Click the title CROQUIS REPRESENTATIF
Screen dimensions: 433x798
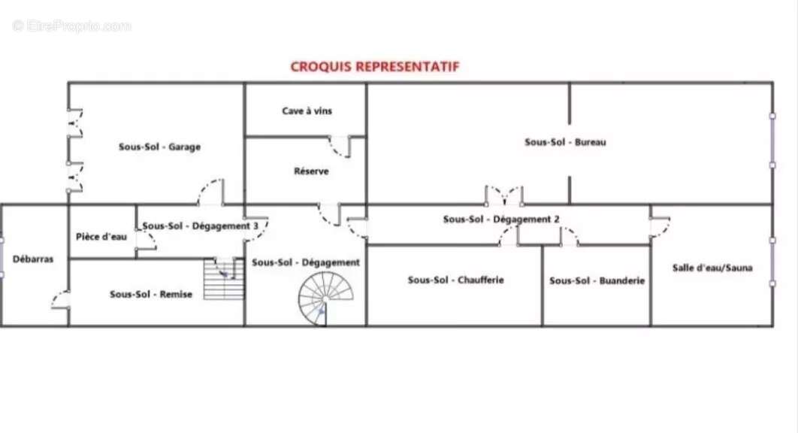374,66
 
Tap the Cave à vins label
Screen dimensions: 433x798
307,111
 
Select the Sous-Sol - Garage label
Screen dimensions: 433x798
159,147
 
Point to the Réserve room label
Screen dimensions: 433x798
311,171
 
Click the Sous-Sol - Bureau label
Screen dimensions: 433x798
565,142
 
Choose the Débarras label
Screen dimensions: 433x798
33,259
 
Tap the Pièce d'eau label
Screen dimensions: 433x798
101,237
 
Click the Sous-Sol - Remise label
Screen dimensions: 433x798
151,295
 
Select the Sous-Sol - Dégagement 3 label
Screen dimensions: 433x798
201,226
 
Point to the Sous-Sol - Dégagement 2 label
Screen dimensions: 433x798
501,220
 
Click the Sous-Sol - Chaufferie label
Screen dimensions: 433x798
455,280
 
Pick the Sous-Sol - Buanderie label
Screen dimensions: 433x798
597,280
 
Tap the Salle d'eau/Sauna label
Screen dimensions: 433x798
712,268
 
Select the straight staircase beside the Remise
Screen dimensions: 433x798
224,278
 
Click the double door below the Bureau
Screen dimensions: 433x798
503,195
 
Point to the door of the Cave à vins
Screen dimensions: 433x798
340,145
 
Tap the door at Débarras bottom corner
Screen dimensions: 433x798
61,300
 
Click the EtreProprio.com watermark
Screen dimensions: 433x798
71,26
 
